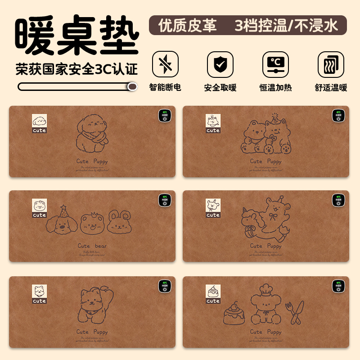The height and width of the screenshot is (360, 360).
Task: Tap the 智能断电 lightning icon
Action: (x=165, y=64)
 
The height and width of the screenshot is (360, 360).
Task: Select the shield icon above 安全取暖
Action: (x=220, y=64)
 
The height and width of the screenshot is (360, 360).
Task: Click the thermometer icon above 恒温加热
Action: (x=275, y=64)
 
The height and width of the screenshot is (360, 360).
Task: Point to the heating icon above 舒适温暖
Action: (x=331, y=64)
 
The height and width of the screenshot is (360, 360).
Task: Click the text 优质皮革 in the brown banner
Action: (x=187, y=26)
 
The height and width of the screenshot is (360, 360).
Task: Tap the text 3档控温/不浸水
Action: (x=286, y=26)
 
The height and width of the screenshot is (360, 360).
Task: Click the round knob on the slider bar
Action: (x=132, y=86)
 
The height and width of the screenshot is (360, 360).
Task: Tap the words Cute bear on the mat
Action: (x=92, y=246)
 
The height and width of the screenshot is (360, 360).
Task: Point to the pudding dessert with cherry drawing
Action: (x=234, y=313)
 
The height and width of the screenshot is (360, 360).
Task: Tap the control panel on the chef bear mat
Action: (x=338, y=286)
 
